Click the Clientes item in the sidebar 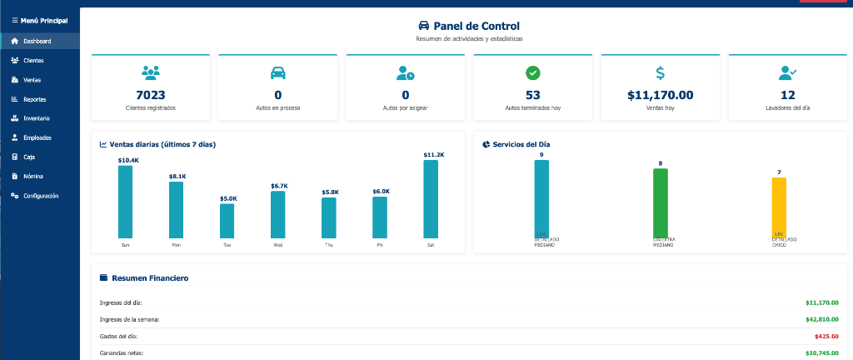click(x=33, y=61)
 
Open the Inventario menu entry click(x=36, y=118)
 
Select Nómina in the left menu click(x=33, y=177)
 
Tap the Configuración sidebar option click(x=40, y=196)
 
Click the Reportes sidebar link click(x=34, y=99)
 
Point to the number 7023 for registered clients click(x=151, y=95)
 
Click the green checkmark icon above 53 click(x=533, y=72)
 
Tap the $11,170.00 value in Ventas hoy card click(x=660, y=95)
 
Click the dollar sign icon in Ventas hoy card click(x=660, y=72)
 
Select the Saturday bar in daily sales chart click(x=431, y=199)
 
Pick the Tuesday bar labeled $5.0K click(x=227, y=221)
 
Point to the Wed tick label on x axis click(x=277, y=246)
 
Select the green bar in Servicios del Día click(x=661, y=202)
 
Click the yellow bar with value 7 click(x=779, y=207)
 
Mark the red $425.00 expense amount click(x=826, y=337)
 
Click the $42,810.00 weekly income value click(x=822, y=319)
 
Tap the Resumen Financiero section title click(x=149, y=277)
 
